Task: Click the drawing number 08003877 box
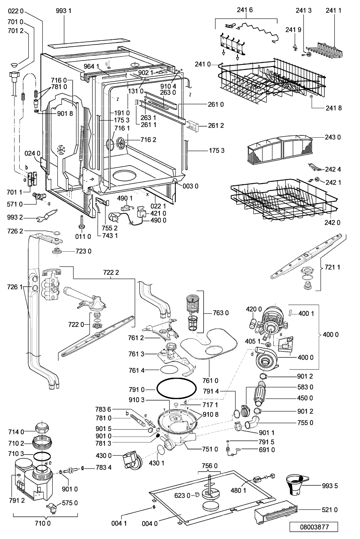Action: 313,527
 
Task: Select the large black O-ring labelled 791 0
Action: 176,389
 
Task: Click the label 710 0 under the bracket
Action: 45,523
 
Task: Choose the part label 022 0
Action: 15,11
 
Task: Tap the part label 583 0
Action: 305,387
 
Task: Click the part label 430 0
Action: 104,455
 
